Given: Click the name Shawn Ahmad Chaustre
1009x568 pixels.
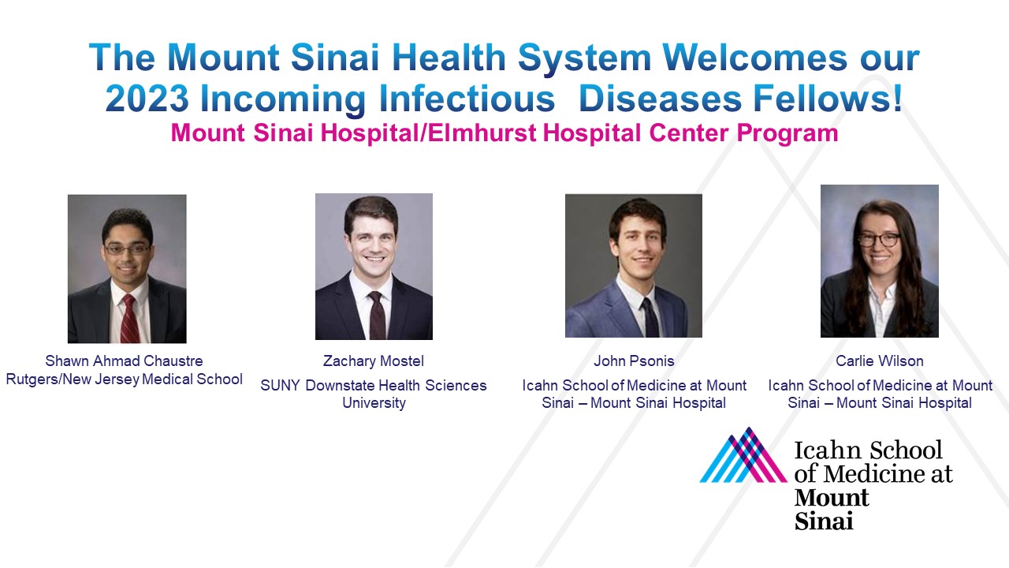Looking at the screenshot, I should [x=124, y=361].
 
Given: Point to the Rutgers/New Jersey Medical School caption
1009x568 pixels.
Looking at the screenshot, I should [x=124, y=379].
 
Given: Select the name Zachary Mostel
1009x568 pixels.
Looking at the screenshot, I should [x=374, y=361].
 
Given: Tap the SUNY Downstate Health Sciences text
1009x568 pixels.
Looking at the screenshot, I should [x=374, y=385].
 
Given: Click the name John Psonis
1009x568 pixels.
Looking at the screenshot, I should [x=634, y=361].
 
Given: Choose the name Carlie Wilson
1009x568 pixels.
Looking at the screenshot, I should [x=880, y=361].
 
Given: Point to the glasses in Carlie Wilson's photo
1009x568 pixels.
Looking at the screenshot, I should [x=879, y=240].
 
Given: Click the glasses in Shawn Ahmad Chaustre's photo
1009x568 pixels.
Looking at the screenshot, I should [x=127, y=248].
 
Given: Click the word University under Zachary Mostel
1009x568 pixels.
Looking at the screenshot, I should [x=374, y=403].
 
